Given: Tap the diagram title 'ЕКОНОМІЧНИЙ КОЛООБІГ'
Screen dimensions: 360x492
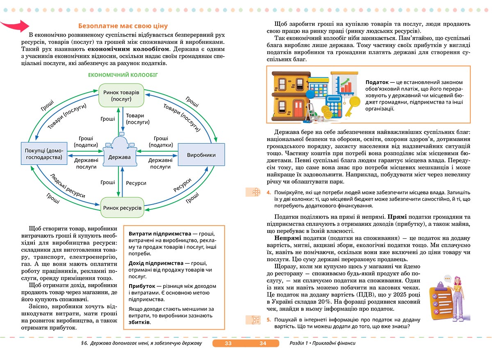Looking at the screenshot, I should (123, 75).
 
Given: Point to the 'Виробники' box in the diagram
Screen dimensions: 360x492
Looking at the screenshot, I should (201, 155).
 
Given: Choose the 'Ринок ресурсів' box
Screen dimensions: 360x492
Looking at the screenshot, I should (122, 208).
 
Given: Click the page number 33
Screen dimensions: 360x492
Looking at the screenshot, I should (228, 343).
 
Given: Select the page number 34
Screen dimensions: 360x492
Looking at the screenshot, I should (263, 343).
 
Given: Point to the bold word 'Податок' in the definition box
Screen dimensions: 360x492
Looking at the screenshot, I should (376, 82).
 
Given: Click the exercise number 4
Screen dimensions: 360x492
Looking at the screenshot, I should (268, 192).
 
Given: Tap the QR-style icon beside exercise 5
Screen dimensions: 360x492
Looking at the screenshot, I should (256, 320).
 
